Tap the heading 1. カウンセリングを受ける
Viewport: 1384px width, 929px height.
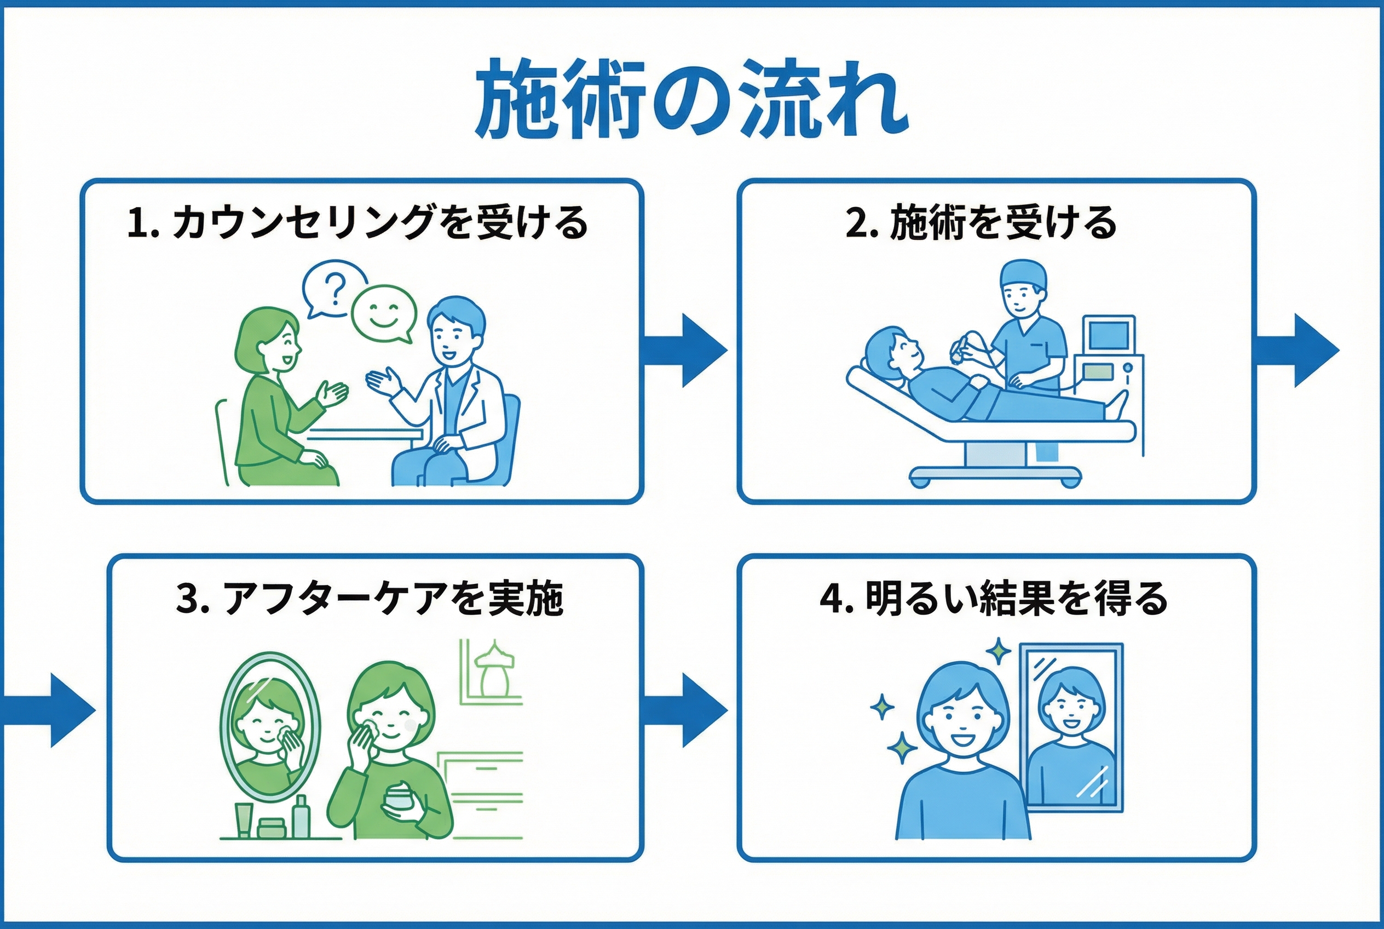357,223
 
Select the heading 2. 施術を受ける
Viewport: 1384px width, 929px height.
981,223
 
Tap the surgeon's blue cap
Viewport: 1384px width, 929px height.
1023,274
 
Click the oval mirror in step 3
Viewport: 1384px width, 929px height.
269,726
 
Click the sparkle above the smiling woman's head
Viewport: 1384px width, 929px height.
1000,651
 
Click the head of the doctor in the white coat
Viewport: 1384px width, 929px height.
455,328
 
